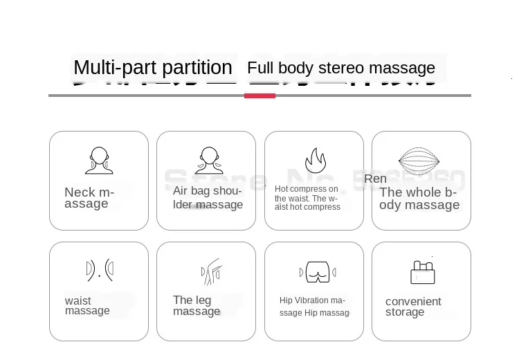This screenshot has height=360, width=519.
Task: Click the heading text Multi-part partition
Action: pos(153,68)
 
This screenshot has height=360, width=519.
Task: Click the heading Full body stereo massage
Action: pos(341,68)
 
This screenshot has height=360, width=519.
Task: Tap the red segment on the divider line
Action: pos(259,96)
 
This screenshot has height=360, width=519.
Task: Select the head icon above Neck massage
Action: pos(99,161)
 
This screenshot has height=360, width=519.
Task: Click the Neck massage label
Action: pos(89,198)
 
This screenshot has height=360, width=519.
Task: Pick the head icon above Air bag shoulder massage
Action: pos(208,161)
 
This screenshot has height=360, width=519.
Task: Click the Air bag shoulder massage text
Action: pos(208,198)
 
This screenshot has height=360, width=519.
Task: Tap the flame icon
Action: pos(316,161)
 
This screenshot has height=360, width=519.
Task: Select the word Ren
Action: pos(375,179)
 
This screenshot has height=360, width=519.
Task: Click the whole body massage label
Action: pos(419,199)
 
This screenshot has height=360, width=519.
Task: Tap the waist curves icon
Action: pos(99,271)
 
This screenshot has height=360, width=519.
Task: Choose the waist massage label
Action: pos(87,306)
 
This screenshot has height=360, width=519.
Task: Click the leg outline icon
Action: pos(211,271)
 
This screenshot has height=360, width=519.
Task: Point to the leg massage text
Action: pos(197,306)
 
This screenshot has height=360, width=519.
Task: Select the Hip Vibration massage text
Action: pos(313,307)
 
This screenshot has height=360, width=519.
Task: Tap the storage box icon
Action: pos(422,273)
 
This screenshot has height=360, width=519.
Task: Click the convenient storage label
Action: pos(413,307)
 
